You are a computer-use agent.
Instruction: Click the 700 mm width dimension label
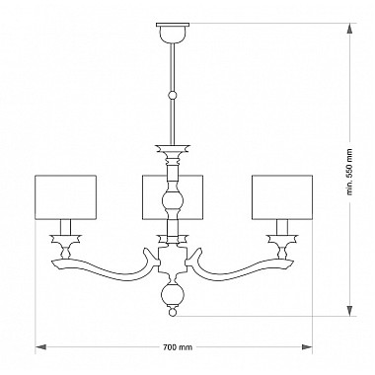pyautogui.click(x=178, y=347)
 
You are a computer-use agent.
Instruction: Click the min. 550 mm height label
pyautogui.click(x=349, y=172)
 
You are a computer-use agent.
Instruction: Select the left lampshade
pyautogui.click(x=66, y=197)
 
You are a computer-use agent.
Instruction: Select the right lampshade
pyautogui.click(x=282, y=197)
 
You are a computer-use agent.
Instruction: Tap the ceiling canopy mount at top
pyautogui.click(x=173, y=33)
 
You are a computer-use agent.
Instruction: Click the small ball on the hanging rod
pyautogui.click(x=173, y=96)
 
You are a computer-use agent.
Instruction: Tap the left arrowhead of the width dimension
pyautogui.click(x=40, y=347)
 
